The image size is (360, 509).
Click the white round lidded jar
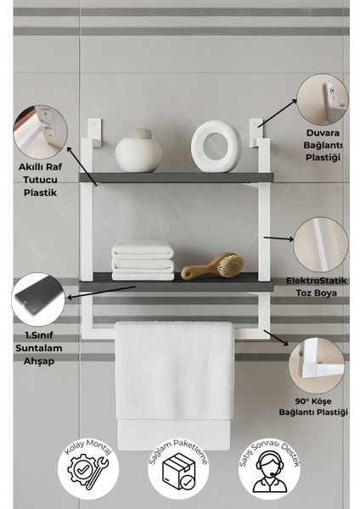pos(138,151)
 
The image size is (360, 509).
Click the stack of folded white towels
pos(143,259)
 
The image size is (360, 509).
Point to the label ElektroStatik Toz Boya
pos(318,286)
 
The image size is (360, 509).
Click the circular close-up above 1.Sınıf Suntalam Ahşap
pos(38,297)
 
